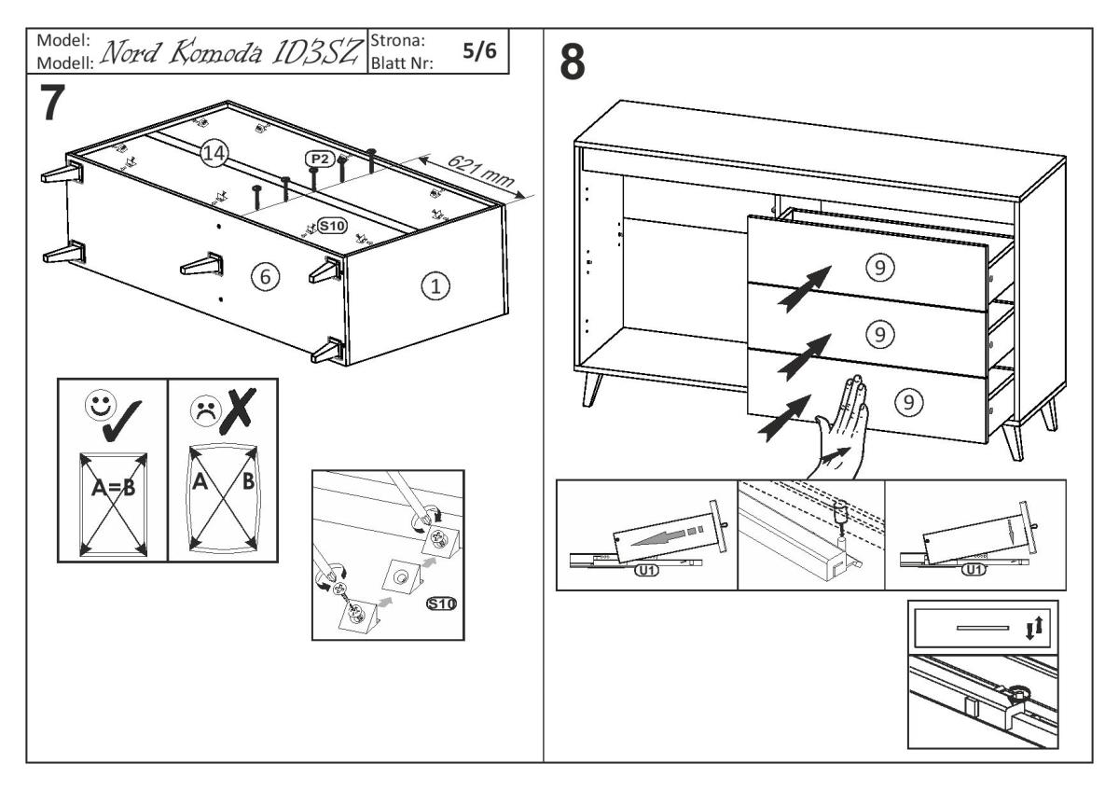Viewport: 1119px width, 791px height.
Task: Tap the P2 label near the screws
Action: click(x=317, y=160)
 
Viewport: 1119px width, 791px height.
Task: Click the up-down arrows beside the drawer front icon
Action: click(x=1030, y=629)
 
